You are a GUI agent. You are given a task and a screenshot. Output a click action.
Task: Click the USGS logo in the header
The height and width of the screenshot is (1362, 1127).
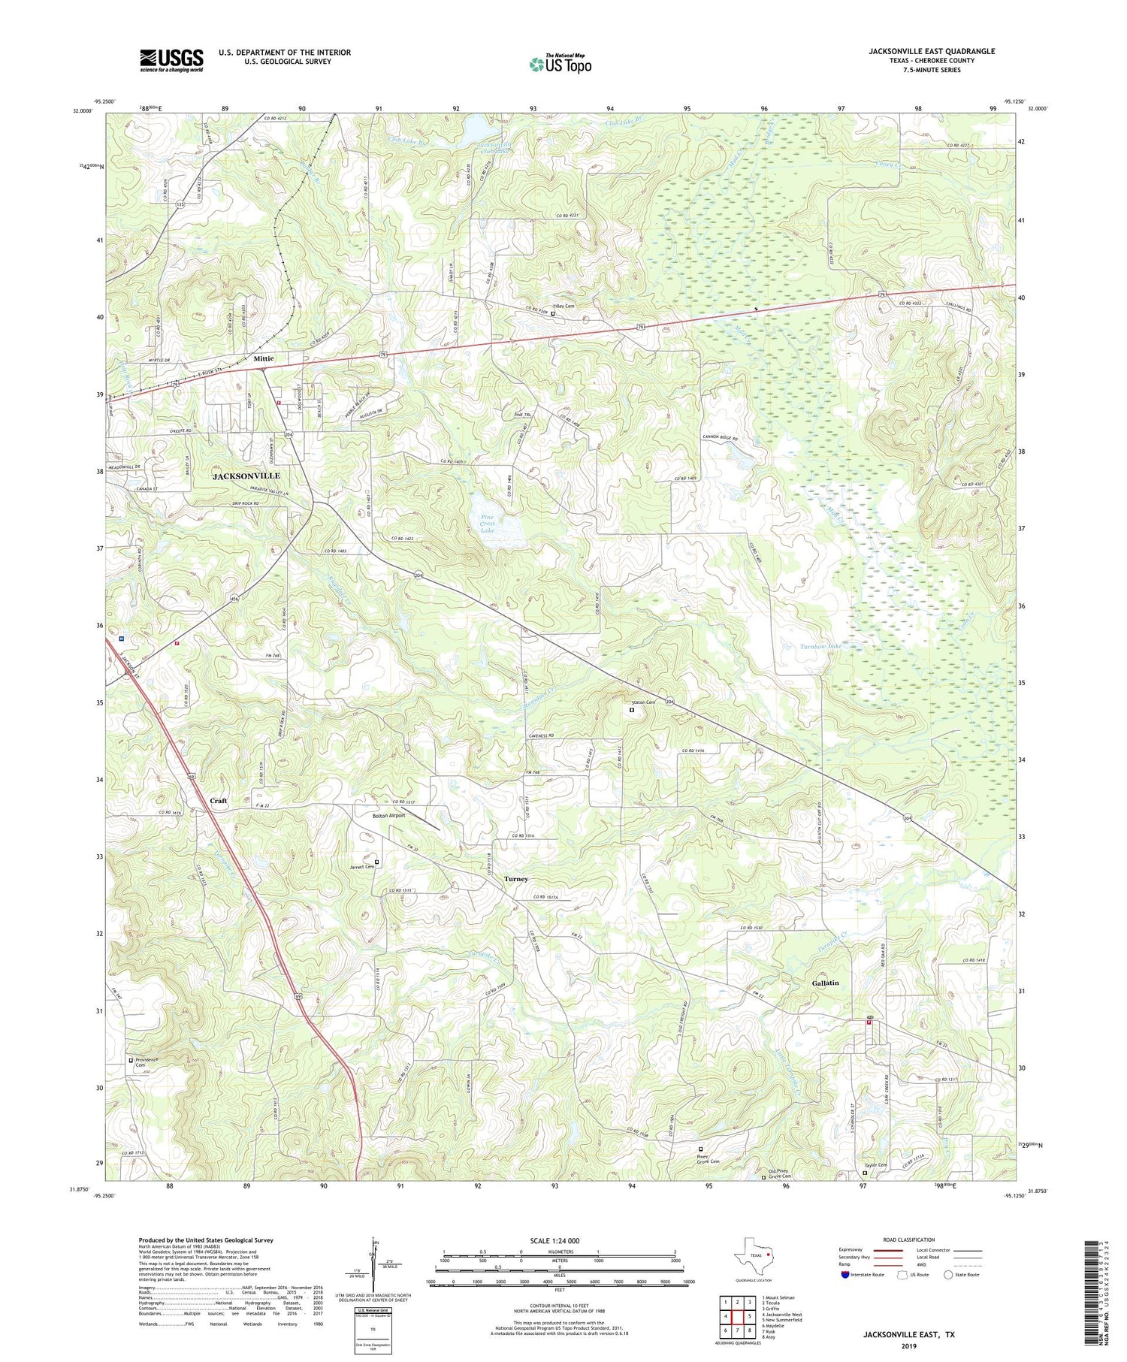coord(171,60)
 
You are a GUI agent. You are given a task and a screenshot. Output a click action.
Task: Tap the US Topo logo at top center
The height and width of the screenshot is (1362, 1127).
coord(560,65)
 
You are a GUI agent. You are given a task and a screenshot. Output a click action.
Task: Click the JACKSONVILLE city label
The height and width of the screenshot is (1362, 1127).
coord(246,476)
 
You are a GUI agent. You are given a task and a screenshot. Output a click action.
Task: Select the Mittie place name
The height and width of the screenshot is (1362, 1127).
coord(263,359)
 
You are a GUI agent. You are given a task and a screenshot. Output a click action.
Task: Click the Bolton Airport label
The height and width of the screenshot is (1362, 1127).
coord(388,815)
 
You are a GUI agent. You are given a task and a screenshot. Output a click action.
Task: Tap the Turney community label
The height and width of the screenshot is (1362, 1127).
coord(516,879)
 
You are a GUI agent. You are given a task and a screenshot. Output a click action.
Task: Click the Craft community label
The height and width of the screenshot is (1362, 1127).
coord(218,801)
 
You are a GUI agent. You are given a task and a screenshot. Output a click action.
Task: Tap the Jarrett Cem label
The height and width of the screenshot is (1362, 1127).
coord(361,867)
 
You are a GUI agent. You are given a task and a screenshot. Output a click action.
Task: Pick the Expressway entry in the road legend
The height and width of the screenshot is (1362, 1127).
coord(854,1251)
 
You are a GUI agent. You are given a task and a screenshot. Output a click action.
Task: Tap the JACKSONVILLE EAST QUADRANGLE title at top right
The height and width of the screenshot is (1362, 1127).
coord(932,51)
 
